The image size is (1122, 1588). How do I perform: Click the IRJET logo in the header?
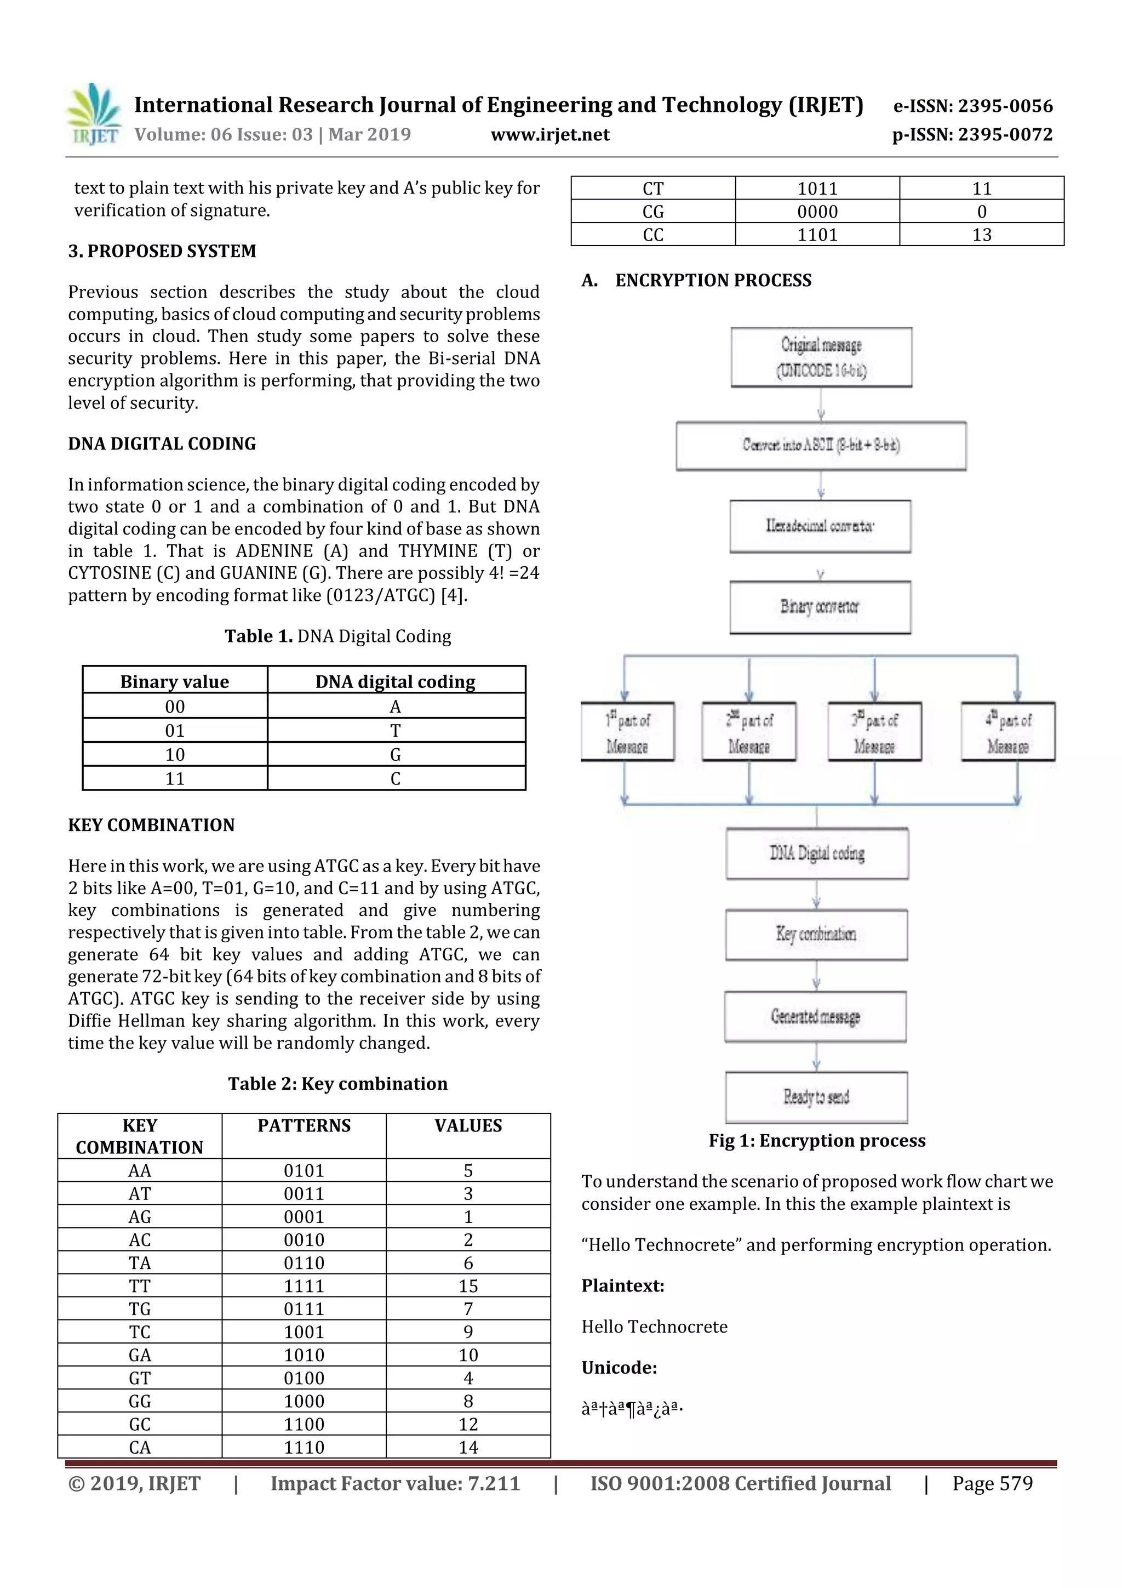click(93, 114)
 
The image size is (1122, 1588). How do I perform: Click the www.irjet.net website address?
click(549, 134)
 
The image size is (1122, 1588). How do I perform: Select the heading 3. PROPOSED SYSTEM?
click(162, 251)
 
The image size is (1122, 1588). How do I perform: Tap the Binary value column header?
click(174, 681)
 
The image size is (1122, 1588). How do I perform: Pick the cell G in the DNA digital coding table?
click(395, 755)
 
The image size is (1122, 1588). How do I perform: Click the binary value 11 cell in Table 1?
click(174, 779)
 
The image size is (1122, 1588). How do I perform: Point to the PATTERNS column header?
click(304, 1126)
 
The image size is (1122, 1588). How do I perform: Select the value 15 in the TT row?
click(468, 1286)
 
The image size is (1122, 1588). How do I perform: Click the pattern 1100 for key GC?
click(304, 1424)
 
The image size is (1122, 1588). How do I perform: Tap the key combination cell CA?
click(140, 1447)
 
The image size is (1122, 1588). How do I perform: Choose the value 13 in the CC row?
click(981, 235)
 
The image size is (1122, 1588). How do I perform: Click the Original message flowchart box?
click(821, 357)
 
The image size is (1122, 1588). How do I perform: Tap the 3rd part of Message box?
click(874, 732)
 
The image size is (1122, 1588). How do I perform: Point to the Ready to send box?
click(816, 1096)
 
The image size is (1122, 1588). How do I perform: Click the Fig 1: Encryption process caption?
click(816, 1141)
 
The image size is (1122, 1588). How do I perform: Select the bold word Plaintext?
click(622, 1286)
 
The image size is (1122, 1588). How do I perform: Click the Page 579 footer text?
click(992, 1483)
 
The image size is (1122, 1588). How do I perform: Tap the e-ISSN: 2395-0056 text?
click(972, 106)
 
